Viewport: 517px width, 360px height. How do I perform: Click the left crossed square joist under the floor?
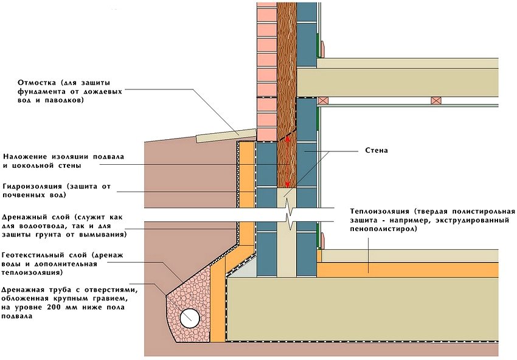[x=324, y=100]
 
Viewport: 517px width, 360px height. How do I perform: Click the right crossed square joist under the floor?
[x=435, y=100]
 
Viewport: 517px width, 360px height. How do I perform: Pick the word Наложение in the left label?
[x=24, y=156]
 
